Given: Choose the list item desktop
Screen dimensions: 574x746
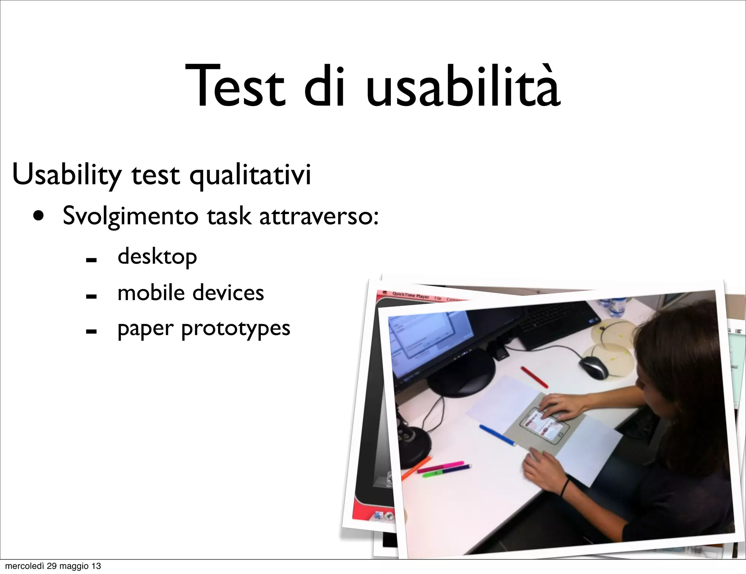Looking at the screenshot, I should tap(157, 257).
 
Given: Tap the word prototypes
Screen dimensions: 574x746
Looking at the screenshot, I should tap(235, 329).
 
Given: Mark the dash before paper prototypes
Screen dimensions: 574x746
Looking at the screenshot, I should tap(91, 331).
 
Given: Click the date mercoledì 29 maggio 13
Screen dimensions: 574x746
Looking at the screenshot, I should tap(53, 566).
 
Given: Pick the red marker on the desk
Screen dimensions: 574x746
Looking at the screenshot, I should tap(534, 377).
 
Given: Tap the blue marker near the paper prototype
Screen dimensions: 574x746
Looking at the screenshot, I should tap(498, 435).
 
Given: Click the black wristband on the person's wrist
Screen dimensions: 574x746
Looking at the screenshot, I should tap(565, 488).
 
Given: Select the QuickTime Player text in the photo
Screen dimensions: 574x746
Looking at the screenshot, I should tap(411, 296).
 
